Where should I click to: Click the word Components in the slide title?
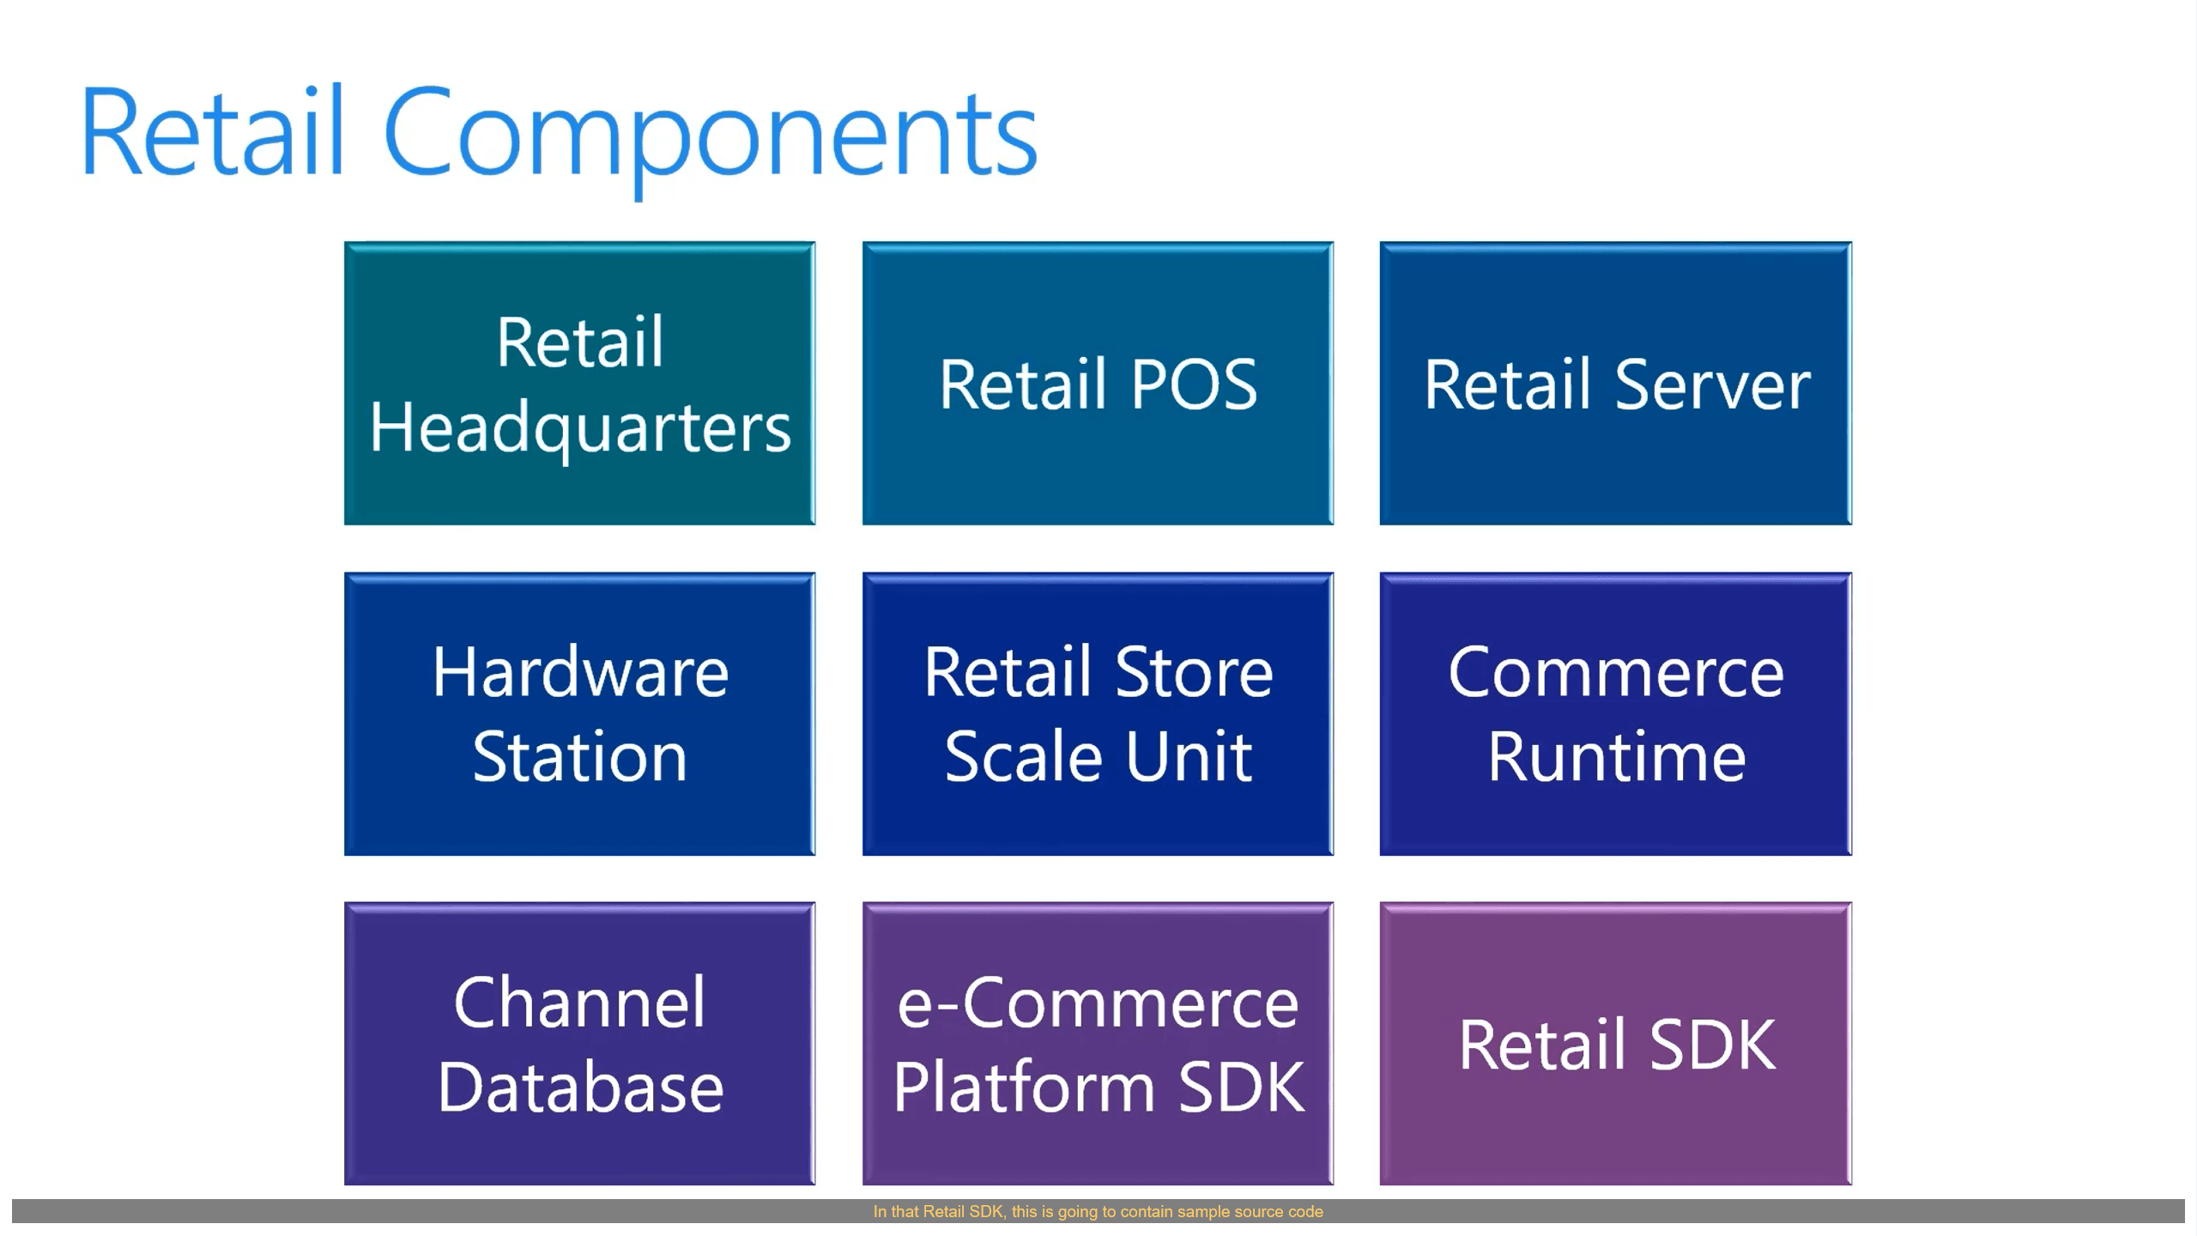[x=711, y=136]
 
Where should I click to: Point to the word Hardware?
[x=580, y=672]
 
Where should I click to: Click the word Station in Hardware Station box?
[x=580, y=757]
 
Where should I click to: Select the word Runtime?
[x=1616, y=757]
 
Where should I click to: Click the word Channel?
[x=580, y=1003]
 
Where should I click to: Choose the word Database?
[x=580, y=1088]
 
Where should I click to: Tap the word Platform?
[x=1024, y=1088]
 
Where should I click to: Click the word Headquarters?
[x=580, y=428]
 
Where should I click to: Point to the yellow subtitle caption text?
[x=1098, y=1211]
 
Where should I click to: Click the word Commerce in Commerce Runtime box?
[x=1616, y=672]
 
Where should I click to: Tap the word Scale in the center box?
[x=1023, y=757]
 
